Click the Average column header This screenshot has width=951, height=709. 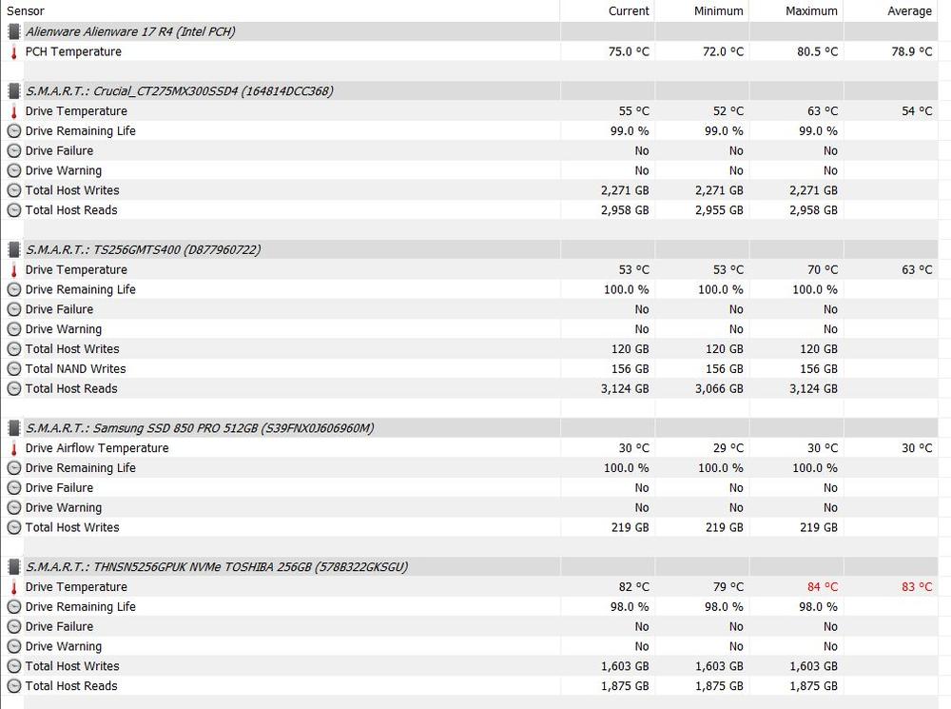[x=909, y=10]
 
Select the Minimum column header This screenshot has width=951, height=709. [x=719, y=10]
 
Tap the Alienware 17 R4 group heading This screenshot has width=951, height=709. [x=130, y=31]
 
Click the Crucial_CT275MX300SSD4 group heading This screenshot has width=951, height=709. [x=179, y=91]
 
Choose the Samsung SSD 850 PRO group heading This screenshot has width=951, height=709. [x=200, y=428]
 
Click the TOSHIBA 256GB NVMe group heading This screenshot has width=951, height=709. [x=217, y=567]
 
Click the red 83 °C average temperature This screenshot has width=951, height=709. [x=917, y=587]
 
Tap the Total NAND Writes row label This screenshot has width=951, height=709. [x=75, y=369]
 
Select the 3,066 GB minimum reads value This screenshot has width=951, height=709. [x=720, y=388]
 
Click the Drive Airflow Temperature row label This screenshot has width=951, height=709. [x=97, y=448]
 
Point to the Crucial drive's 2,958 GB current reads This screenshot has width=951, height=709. [x=625, y=210]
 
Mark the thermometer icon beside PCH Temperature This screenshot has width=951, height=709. [x=14, y=51]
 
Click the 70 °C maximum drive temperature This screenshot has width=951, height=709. [x=823, y=269]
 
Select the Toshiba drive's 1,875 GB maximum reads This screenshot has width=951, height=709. [x=814, y=686]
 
